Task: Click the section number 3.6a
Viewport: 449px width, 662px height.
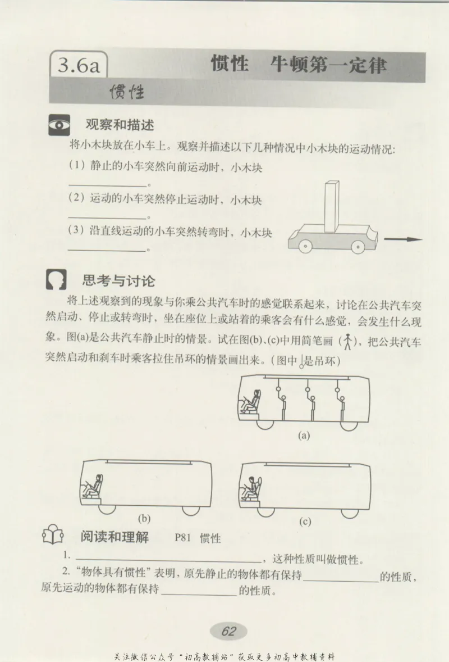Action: (79, 67)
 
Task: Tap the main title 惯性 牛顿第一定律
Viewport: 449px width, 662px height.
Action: (298, 65)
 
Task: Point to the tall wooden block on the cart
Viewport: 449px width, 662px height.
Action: (332, 206)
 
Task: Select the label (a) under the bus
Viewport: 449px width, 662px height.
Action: (304, 436)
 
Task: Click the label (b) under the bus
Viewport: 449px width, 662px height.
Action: (144, 519)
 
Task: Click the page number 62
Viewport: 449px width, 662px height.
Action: (228, 631)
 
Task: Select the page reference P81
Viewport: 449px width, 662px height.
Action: (183, 538)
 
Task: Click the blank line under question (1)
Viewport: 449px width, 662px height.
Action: (107, 185)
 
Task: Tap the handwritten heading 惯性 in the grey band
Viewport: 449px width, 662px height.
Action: (127, 92)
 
